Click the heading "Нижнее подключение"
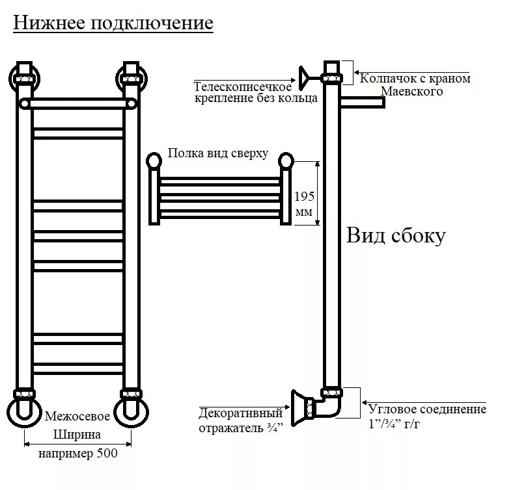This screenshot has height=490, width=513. (113, 23)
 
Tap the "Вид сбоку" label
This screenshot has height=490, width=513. (395, 235)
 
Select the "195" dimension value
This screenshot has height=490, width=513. (303, 196)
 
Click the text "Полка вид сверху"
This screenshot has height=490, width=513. (217, 153)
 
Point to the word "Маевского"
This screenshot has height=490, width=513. (411, 92)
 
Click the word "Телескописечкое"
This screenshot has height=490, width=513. (242, 86)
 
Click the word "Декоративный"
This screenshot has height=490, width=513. (240, 413)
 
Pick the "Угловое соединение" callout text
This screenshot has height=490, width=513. (427, 410)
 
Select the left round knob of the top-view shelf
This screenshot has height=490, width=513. (154, 160)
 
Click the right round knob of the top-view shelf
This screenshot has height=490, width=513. (286, 160)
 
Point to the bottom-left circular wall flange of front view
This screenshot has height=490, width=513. (24, 411)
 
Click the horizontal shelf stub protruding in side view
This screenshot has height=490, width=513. (362, 101)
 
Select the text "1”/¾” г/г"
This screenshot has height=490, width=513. (397, 424)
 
